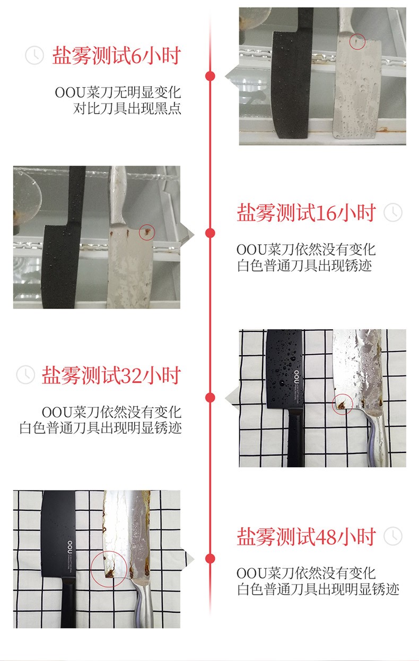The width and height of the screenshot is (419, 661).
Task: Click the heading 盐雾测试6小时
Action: (117, 55)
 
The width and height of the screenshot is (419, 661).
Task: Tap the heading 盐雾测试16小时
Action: (307, 212)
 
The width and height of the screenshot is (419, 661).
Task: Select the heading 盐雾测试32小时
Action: (111, 375)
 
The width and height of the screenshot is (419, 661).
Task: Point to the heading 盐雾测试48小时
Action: (307, 536)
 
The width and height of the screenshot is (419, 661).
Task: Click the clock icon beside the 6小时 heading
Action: (34, 55)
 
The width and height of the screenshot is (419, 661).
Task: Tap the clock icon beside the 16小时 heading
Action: (393, 212)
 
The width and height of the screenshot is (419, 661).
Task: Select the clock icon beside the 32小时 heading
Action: (25, 375)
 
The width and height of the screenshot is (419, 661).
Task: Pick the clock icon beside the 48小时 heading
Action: (393, 536)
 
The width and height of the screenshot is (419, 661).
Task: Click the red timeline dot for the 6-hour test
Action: (210, 76)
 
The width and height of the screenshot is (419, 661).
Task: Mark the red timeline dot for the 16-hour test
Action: (210, 233)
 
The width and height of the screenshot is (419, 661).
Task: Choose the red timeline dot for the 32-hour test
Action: (210, 398)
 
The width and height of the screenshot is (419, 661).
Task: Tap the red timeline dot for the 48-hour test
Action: (210, 559)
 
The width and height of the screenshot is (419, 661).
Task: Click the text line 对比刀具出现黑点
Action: (127, 108)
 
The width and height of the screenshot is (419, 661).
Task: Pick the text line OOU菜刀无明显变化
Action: (118, 92)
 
